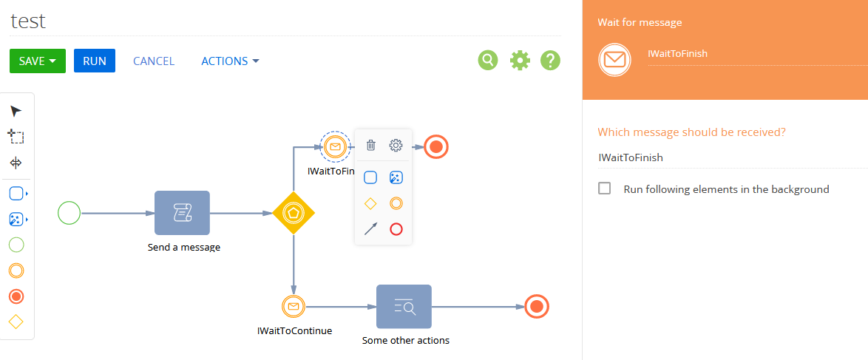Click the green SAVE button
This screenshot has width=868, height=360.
38,61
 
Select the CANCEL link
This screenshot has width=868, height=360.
154,61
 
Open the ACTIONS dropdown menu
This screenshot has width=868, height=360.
230,61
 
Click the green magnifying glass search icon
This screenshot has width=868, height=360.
488,60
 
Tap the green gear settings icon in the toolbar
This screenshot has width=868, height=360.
520,60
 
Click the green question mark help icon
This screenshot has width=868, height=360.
551,60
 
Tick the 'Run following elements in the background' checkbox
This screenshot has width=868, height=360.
605,189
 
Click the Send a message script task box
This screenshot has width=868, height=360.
182,213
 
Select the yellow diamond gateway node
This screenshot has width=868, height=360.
294,213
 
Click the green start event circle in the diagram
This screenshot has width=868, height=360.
69,213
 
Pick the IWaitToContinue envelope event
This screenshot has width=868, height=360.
294,306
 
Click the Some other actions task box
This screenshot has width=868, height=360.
404,306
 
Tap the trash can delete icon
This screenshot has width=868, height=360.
371,146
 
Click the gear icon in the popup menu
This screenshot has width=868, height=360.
396,146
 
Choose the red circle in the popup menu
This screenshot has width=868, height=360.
396,228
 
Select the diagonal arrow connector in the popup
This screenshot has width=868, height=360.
371,228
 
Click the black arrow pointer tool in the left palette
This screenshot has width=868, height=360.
16,112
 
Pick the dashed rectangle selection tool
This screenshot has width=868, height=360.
16,136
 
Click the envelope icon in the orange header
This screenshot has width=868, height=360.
614,59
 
